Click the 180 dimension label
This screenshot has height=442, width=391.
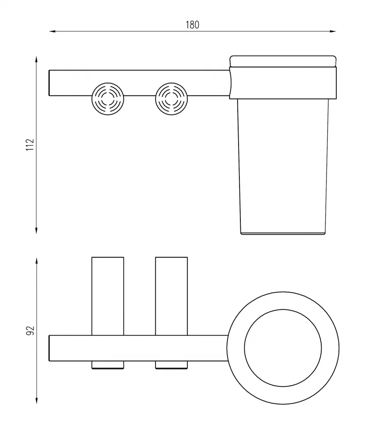192,25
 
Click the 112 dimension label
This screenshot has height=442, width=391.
30,145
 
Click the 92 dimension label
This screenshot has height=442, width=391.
30,330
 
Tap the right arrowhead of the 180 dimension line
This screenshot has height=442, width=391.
333,31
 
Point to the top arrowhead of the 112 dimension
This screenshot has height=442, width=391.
36,59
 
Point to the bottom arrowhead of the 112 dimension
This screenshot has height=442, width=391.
36,231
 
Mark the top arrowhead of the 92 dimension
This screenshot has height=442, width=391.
37,261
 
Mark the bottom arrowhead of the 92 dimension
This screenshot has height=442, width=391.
37,400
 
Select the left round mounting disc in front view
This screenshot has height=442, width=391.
108,99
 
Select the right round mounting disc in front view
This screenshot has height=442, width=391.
171,99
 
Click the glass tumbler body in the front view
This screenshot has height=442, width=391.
283,166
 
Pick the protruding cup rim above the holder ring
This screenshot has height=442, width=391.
283,61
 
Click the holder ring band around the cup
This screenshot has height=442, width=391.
283,83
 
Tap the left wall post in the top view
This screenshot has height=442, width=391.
108,296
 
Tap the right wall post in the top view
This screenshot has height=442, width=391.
171,296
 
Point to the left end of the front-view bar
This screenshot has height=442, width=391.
49,83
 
